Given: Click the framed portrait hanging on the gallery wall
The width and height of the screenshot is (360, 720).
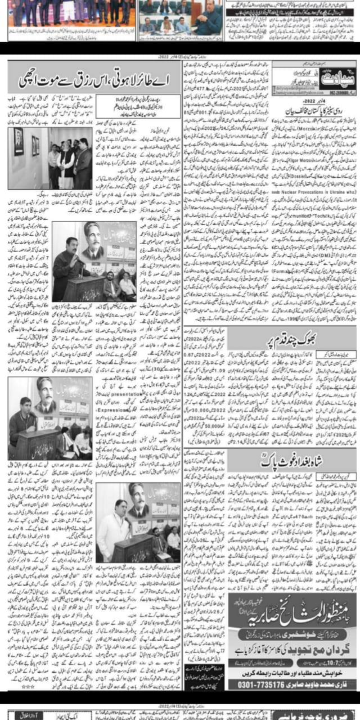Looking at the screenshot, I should [x=19, y=142].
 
